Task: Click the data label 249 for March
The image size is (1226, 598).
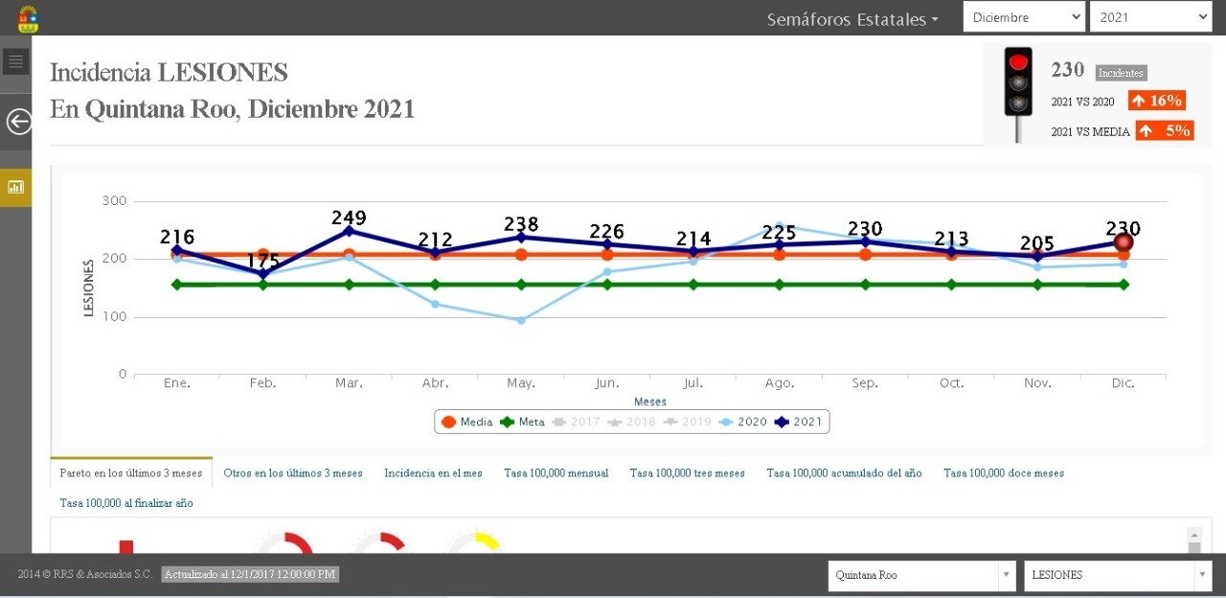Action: [349, 218]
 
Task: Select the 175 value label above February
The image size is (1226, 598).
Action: [262, 261]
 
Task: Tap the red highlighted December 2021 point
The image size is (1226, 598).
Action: [1124, 242]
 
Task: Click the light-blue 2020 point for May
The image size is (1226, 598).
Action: [521, 320]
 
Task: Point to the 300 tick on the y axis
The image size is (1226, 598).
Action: [115, 201]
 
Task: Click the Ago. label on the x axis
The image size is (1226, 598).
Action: [780, 383]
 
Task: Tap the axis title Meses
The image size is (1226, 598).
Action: [650, 402]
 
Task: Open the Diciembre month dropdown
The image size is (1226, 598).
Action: [1024, 17]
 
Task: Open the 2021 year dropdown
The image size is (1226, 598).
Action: [1150, 17]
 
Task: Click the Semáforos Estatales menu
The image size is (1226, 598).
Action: [851, 19]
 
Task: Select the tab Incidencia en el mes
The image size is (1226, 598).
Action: [433, 473]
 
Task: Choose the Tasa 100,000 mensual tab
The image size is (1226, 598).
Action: [556, 473]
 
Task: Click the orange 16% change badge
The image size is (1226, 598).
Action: [1156, 101]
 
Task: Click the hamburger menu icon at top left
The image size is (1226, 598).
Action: [15, 61]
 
